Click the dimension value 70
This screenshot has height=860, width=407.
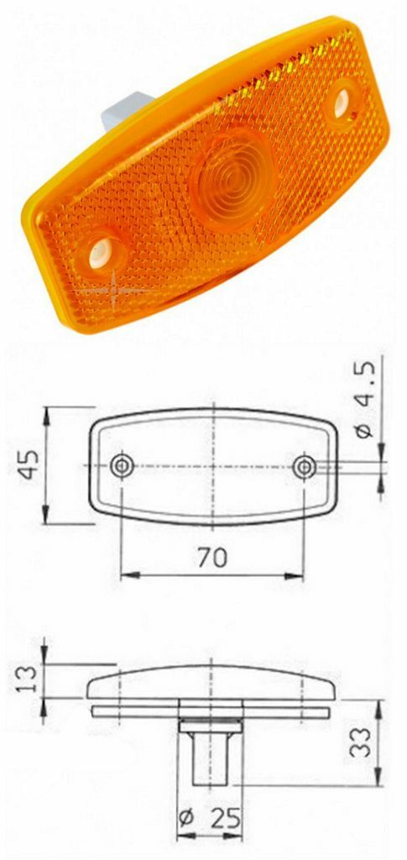212,558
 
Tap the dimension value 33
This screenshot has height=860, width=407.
361,742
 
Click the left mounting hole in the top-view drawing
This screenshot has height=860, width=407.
123,464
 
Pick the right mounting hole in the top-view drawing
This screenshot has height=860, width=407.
305,464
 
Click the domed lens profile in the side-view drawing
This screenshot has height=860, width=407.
214,684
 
